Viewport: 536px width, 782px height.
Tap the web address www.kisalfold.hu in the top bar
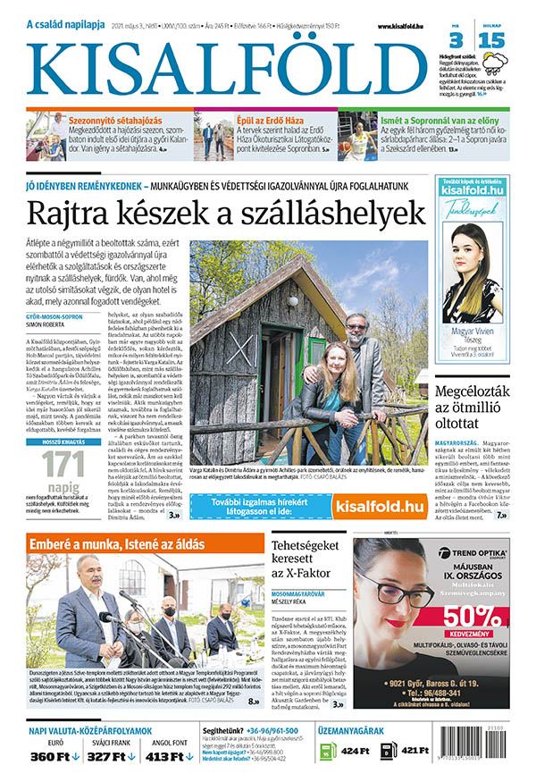pyautogui.click(x=393, y=27)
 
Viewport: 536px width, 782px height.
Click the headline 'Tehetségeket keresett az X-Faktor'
pyautogui.click(x=306, y=559)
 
